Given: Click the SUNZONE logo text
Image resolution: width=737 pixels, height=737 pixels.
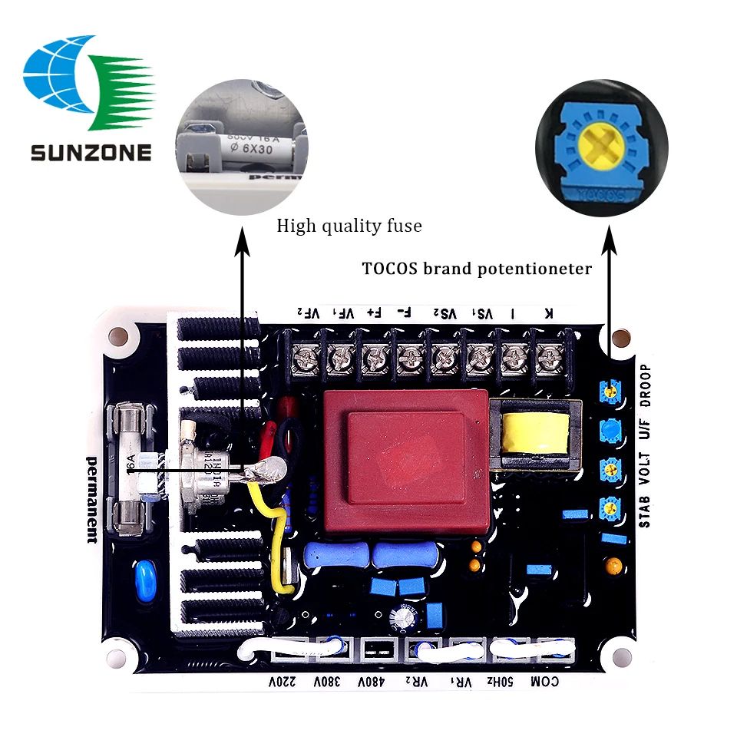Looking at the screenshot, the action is pyautogui.click(x=91, y=151).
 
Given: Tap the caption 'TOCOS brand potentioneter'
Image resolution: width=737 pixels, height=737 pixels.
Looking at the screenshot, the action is pyautogui.click(x=477, y=269).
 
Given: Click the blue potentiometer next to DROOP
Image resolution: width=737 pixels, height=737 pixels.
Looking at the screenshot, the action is pyautogui.click(x=609, y=392).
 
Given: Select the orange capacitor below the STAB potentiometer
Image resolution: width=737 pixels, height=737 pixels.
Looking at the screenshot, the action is pyautogui.click(x=613, y=566).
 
